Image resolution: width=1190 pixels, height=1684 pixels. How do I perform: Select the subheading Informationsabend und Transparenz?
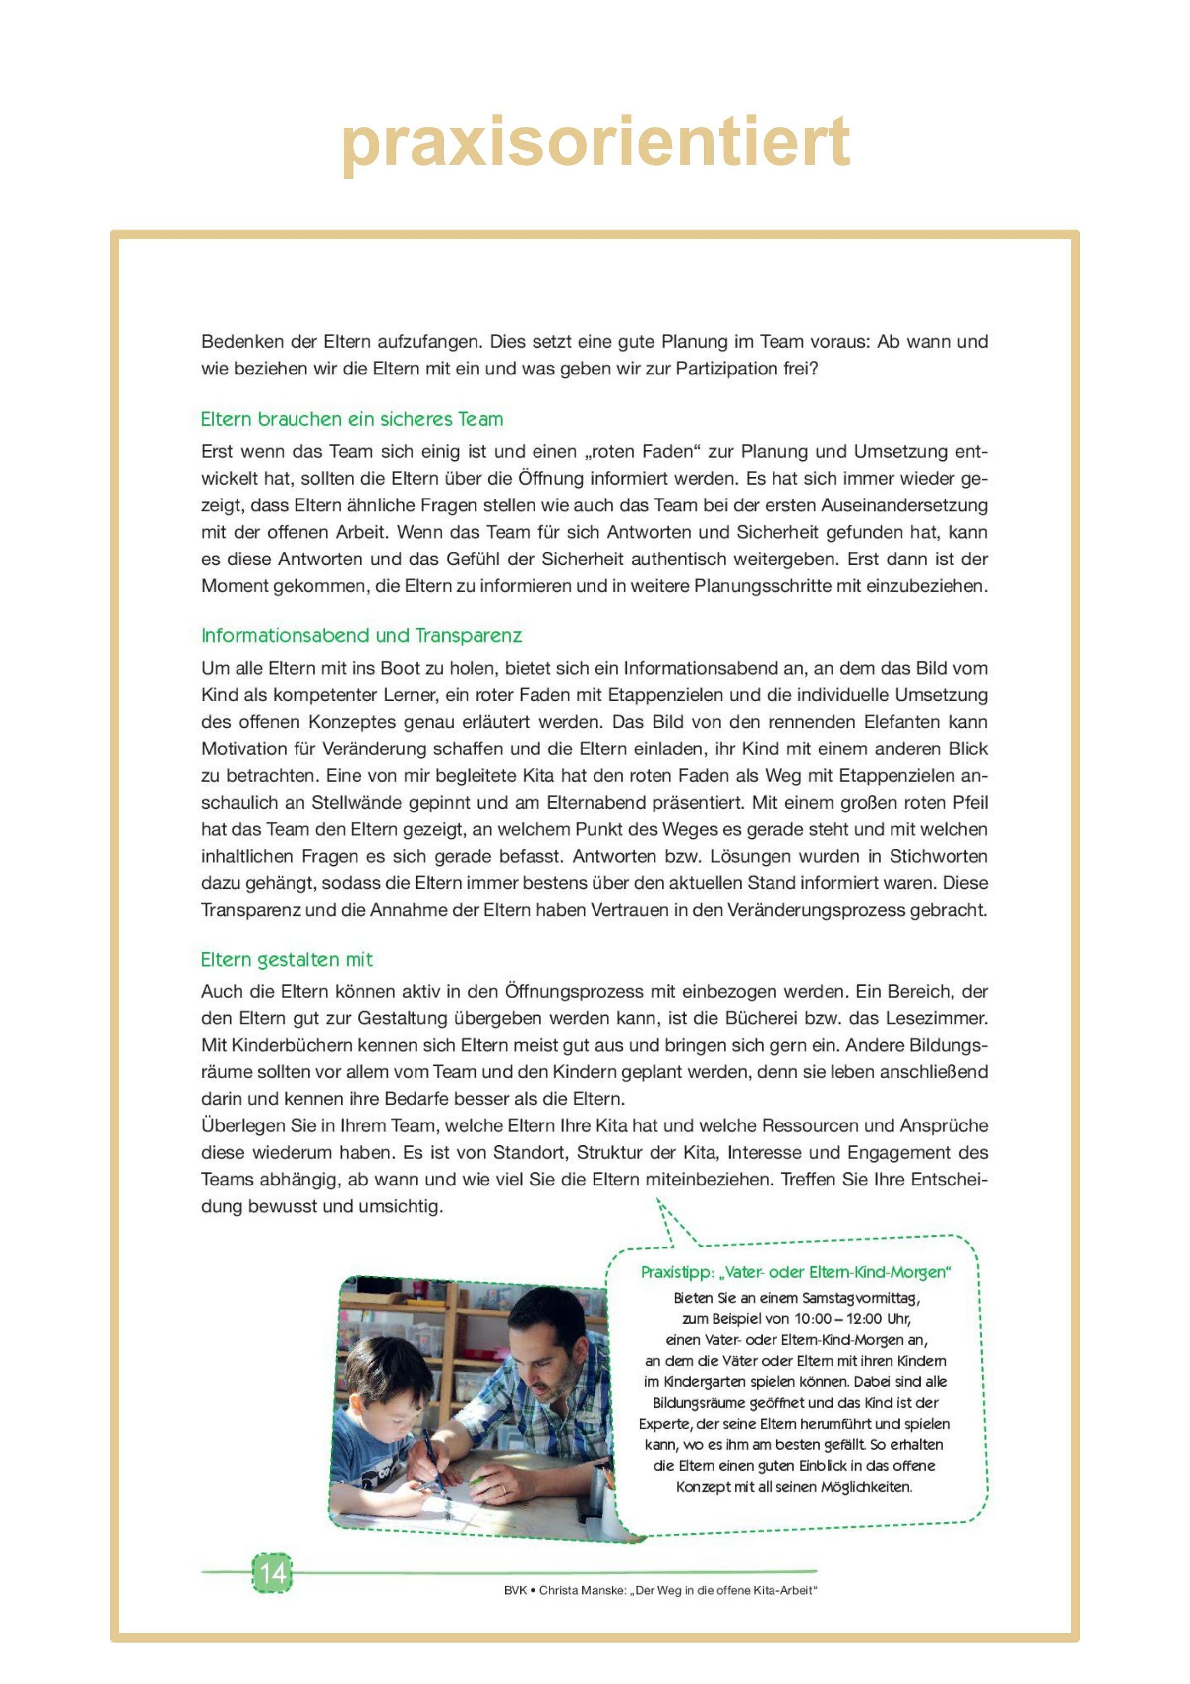point(361,635)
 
